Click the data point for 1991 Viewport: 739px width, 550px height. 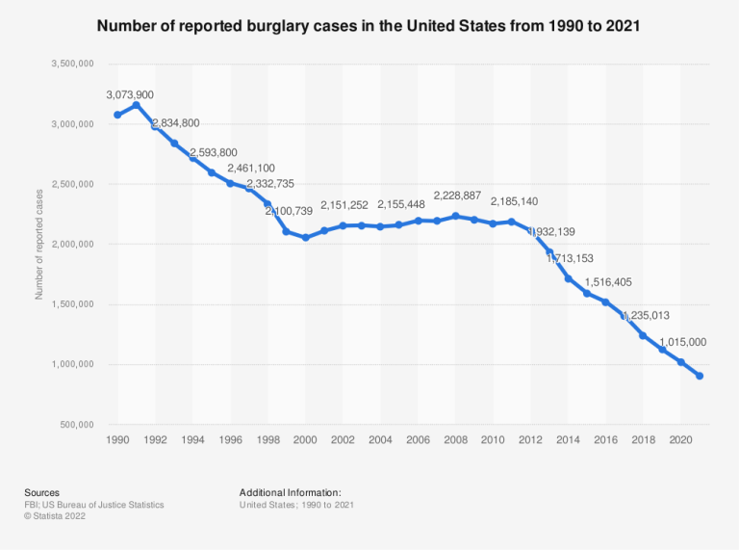pyautogui.click(x=137, y=104)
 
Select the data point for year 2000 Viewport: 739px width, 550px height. pyautogui.click(x=305, y=237)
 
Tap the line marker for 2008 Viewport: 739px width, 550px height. pyautogui.click(x=455, y=216)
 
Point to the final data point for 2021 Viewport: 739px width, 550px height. pyautogui.click(x=700, y=376)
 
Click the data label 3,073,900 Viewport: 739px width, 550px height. pyautogui.click(x=130, y=94)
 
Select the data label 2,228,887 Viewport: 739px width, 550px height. pyautogui.click(x=467, y=196)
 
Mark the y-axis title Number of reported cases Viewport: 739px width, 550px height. pyautogui.click(x=39, y=245)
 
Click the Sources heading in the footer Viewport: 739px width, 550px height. pyautogui.click(x=41, y=491)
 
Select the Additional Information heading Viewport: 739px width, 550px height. pyautogui.click(x=291, y=491)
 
